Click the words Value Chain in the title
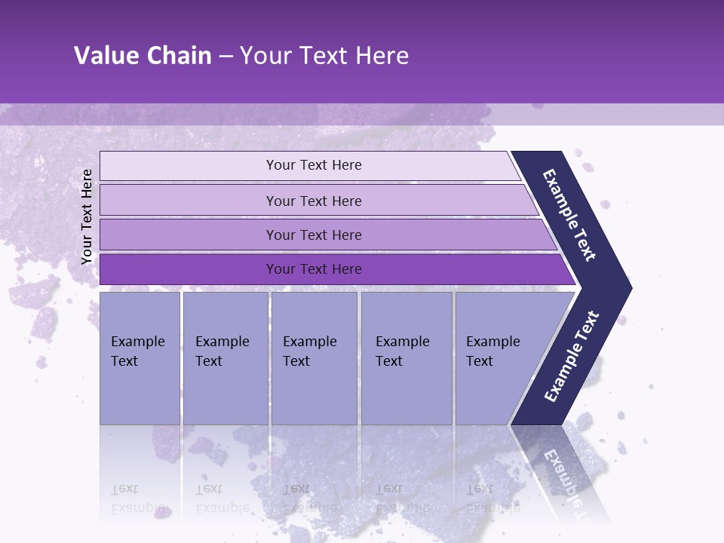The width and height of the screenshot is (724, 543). click(143, 56)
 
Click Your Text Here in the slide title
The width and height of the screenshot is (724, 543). click(324, 56)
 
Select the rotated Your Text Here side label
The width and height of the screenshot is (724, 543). click(87, 217)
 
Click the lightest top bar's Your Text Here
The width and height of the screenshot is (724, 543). click(314, 165)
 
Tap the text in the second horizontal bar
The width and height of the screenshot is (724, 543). click(314, 201)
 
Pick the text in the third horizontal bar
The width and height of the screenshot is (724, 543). click(314, 235)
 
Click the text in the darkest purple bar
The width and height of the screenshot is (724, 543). click(314, 269)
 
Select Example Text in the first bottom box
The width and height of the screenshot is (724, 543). click(137, 351)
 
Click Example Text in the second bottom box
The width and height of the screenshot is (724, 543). click(222, 351)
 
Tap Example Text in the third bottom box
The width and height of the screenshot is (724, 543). click(309, 351)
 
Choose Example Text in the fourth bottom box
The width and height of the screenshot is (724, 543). click(402, 351)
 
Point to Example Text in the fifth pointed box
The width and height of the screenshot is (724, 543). click(492, 351)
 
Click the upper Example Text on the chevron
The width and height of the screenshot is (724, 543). click(570, 215)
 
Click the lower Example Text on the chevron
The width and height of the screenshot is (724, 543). click(572, 357)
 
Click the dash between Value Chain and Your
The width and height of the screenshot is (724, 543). click(225, 56)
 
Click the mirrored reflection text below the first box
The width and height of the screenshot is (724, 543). click(137, 499)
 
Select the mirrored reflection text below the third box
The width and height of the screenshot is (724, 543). click(309, 499)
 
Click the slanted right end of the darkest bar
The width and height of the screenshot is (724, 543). click(567, 270)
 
